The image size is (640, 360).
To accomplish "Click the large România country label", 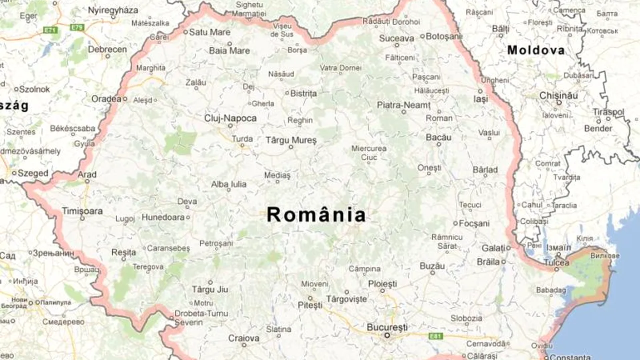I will [x=316, y=215].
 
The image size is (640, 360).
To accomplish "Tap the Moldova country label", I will [x=535, y=50].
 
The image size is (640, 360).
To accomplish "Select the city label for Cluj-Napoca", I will [x=230, y=118].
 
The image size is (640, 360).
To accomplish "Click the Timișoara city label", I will [x=82, y=211].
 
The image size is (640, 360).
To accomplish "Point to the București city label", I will [x=387, y=327].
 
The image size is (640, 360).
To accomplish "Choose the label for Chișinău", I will [x=558, y=95].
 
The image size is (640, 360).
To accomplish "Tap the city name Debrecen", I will [x=107, y=49].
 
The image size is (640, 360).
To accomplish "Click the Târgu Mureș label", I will [x=291, y=140].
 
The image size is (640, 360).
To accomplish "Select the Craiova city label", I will [x=244, y=338].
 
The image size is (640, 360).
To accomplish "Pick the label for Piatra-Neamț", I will [x=403, y=105].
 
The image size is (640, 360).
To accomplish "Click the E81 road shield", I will [x=435, y=336].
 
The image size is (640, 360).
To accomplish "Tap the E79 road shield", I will [x=77, y=26].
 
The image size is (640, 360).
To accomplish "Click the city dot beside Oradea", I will [x=125, y=99].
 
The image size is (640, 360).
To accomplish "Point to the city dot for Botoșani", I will [x=422, y=36].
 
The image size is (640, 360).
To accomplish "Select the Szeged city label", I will [x=33, y=173].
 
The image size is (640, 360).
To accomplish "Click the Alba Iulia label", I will [x=228, y=184].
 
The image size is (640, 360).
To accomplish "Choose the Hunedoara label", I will [x=163, y=217].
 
